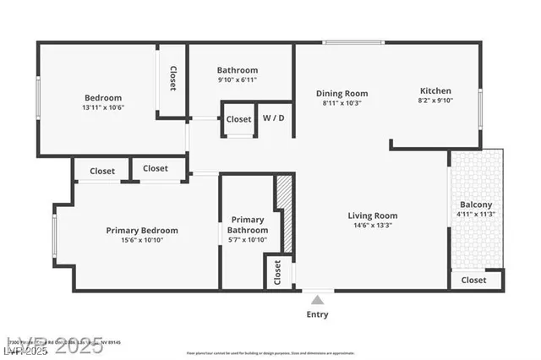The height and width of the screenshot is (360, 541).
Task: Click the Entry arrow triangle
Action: pos(318,300)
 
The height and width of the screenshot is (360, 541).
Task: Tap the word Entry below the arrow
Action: pos(318,314)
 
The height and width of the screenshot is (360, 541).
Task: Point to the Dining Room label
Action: pos(342,93)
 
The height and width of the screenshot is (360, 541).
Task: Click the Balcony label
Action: pos(476,205)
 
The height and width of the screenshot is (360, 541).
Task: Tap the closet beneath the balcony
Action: pos(474,280)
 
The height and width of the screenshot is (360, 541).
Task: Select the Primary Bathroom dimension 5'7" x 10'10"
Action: pos(248,241)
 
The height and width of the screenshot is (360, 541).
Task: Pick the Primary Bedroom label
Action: pos(142,230)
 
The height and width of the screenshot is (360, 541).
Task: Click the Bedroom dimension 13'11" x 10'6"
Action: pos(103,107)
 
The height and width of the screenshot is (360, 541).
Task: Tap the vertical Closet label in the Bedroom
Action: pos(172,79)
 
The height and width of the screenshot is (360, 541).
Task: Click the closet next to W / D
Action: pos(239,119)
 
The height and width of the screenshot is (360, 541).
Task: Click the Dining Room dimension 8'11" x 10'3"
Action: pos(342,103)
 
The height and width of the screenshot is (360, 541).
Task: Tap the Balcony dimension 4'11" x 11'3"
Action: pos(476,215)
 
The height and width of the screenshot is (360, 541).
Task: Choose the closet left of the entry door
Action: pos(277,272)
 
